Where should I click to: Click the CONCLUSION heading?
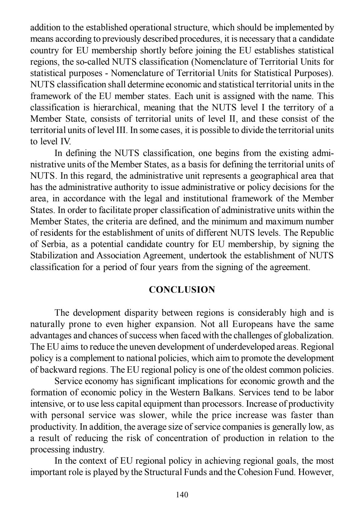182,290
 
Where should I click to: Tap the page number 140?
182,494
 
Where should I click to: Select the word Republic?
318,233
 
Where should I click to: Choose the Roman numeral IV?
64,141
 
